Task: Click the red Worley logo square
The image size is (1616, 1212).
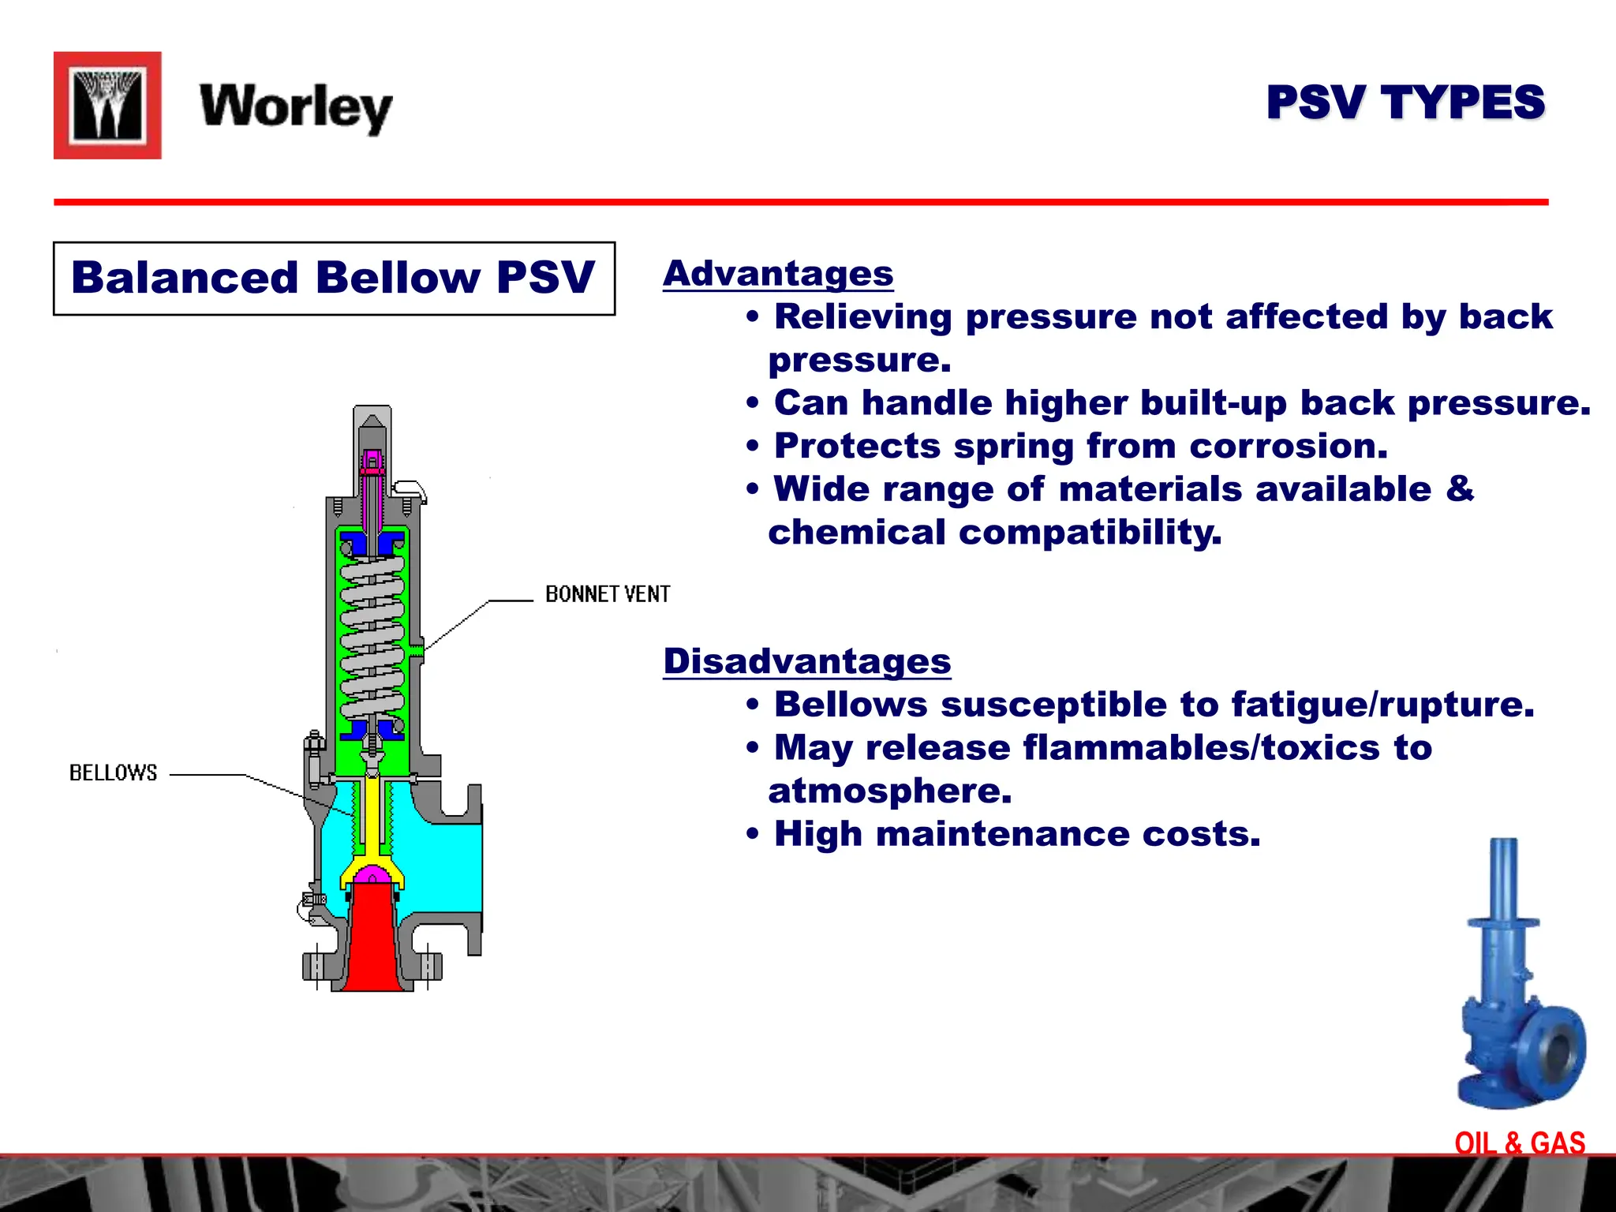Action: coord(107,106)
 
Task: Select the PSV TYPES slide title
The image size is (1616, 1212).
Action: coord(1405,103)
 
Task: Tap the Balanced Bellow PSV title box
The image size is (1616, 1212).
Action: coord(334,279)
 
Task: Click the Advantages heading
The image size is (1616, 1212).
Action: coord(778,274)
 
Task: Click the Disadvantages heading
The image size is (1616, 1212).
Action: coord(806,661)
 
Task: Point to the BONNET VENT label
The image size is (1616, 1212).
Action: coord(608,594)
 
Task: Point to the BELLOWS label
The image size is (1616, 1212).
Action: coord(114,773)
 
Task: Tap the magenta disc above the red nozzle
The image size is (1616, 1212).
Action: coord(372,874)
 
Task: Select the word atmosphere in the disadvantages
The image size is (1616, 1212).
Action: coord(889,791)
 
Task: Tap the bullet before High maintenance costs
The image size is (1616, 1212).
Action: coord(753,835)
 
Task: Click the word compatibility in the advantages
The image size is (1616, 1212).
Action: coord(1090,533)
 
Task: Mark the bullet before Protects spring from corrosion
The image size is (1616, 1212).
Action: coord(753,447)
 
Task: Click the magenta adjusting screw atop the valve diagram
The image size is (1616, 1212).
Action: coord(372,464)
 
